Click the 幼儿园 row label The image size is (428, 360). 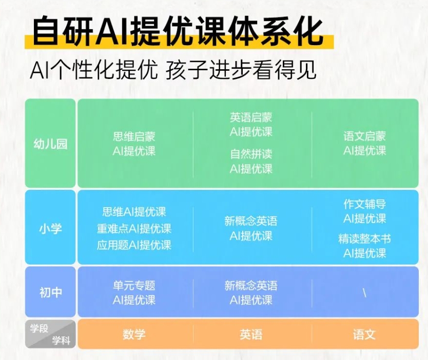coord(50,144)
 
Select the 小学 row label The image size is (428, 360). coord(50,228)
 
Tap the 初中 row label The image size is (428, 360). coord(50,292)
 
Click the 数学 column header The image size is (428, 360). coord(134,334)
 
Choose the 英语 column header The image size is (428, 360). coord(251,334)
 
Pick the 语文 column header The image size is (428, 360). coord(364,334)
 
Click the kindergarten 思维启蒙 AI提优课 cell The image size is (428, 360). coord(134,144)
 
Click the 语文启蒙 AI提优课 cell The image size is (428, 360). coord(365,144)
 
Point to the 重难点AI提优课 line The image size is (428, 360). coord(134,229)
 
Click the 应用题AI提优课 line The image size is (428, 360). coord(134,245)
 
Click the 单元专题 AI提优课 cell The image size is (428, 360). coord(134,293)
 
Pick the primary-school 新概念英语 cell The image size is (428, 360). coord(251,229)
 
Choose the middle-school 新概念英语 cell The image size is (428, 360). coord(251,293)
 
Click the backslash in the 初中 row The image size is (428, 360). coord(365,293)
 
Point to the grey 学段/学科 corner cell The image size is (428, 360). coord(50,334)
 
